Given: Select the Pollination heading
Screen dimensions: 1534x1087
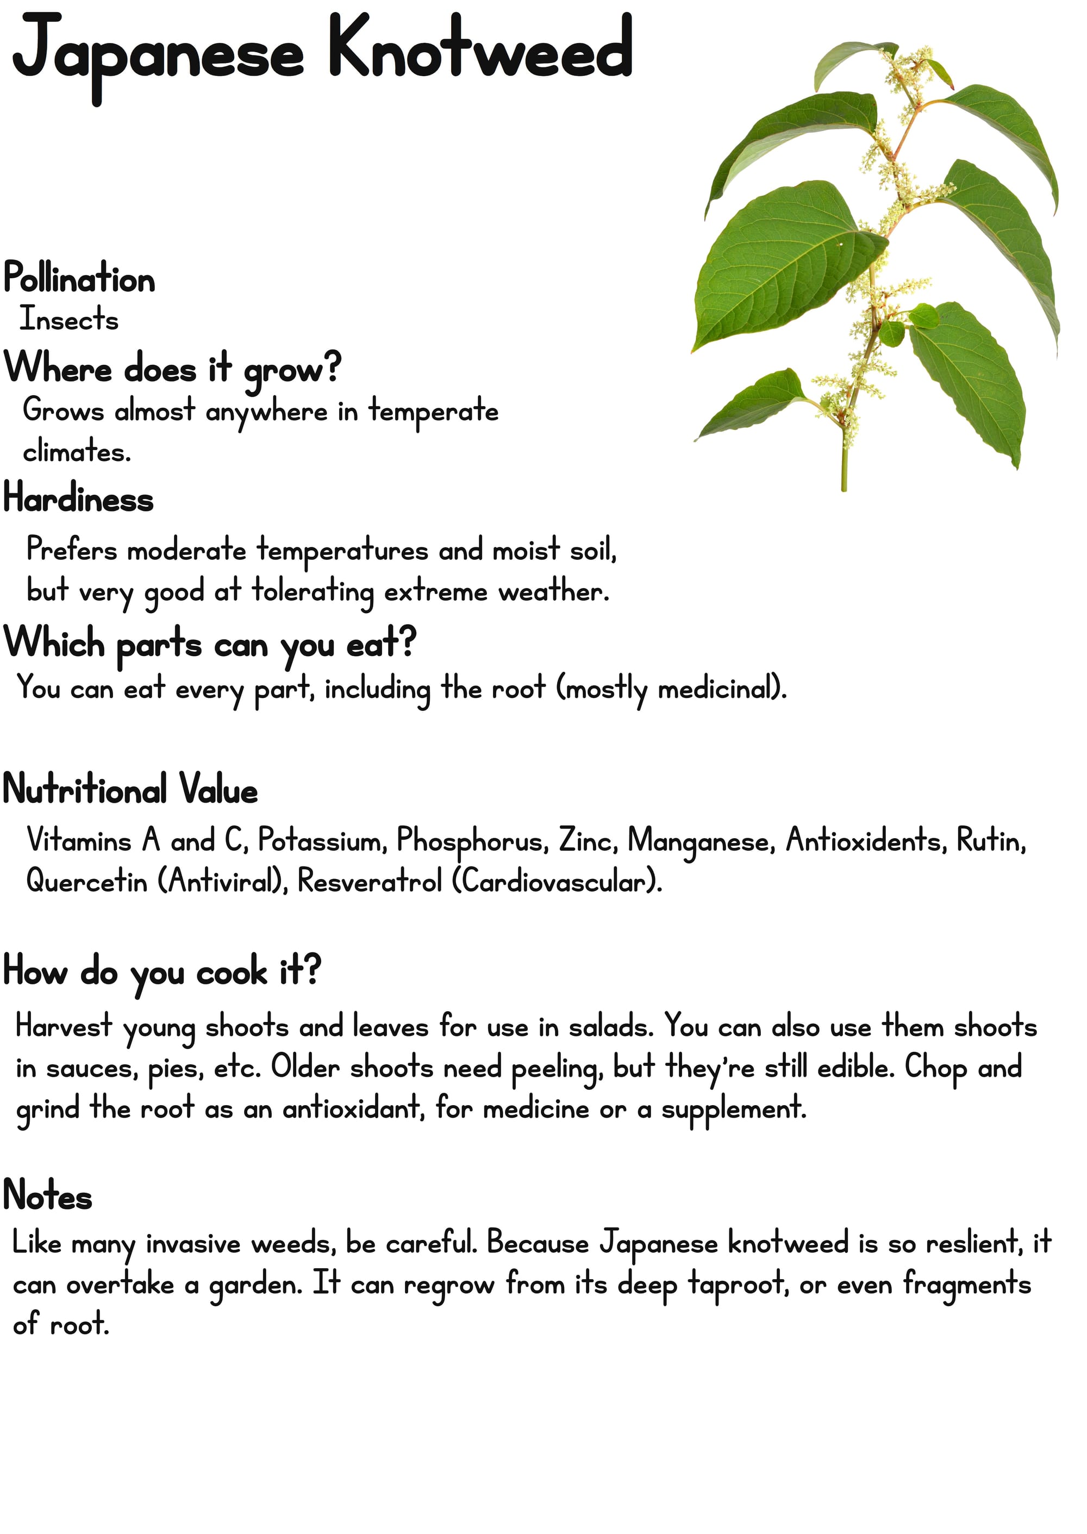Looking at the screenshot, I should click(x=79, y=278).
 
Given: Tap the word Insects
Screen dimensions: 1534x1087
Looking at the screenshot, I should click(x=69, y=319).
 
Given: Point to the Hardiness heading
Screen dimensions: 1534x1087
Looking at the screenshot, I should click(x=78, y=500).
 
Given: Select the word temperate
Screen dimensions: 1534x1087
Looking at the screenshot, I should click(x=434, y=411).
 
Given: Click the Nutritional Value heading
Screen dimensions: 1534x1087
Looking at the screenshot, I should click(x=130, y=790).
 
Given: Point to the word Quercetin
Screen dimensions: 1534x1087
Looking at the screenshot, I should click(x=86, y=882).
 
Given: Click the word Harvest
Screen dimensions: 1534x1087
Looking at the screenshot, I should click(x=64, y=1027).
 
